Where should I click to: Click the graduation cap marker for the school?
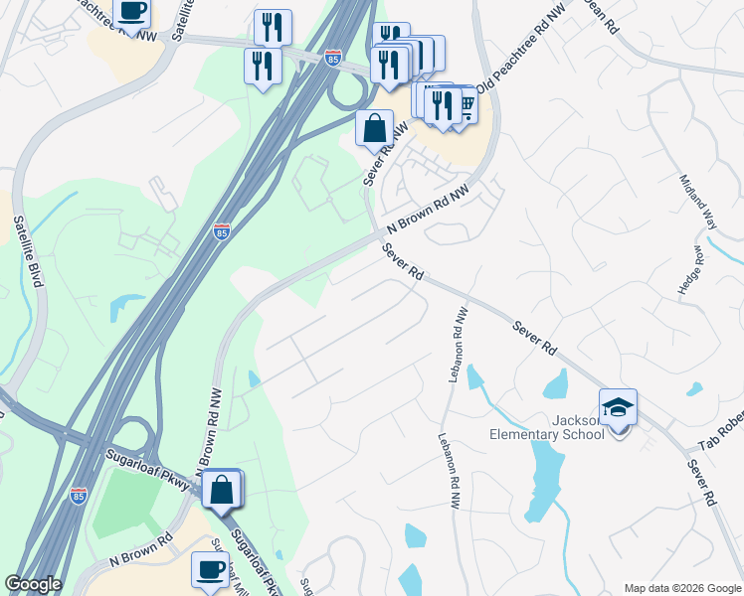coord(618,407)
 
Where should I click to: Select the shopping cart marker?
coord(464,103)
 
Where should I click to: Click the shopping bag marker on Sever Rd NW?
coord(375,128)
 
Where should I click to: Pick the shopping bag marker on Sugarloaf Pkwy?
coord(223,488)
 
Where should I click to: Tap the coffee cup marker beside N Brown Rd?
coord(210,569)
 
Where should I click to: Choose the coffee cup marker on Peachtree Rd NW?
coord(131,11)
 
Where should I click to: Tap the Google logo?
coord(33,584)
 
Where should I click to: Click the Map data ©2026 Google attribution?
coord(681,588)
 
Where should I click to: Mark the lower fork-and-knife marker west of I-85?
coord(263,66)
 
